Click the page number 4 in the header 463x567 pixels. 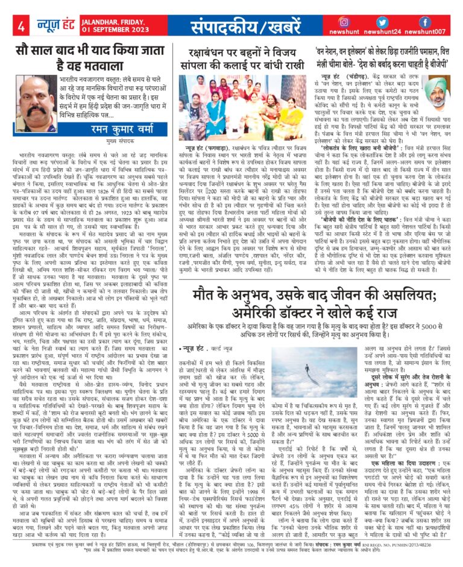point(21,26)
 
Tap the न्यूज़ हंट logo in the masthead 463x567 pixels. point(52,26)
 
